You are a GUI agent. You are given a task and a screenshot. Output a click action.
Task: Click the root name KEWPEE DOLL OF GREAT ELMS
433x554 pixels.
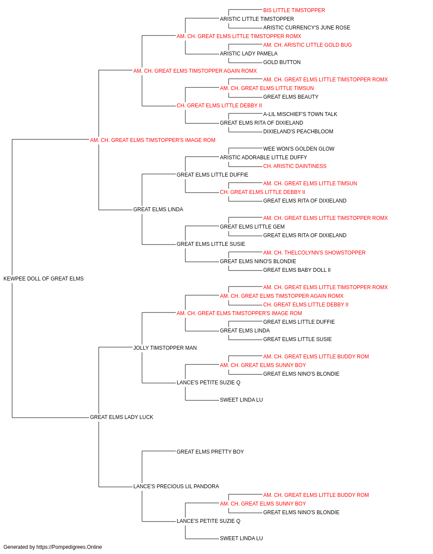coord(43,279)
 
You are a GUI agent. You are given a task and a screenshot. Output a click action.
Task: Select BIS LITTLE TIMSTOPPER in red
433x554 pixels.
coord(294,10)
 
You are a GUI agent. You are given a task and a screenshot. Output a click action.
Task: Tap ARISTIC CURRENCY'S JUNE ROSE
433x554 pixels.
coord(307,28)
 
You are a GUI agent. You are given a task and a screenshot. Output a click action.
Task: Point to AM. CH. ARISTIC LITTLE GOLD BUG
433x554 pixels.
coord(307,45)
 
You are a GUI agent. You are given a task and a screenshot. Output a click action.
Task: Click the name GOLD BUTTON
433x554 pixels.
coord(282,62)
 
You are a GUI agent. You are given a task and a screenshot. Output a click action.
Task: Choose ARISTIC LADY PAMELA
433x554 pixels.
coord(249,54)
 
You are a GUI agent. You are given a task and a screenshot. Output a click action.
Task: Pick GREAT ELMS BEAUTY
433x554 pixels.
coord(291,97)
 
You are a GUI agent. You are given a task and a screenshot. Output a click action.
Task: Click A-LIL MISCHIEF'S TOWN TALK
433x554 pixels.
coord(300,114)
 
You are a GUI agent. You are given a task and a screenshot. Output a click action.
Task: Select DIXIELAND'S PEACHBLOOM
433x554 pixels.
coord(298,132)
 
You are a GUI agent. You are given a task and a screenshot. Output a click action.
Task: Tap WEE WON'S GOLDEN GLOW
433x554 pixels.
coord(299,148)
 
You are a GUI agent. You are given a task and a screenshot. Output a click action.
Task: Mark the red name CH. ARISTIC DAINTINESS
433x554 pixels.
coord(295,166)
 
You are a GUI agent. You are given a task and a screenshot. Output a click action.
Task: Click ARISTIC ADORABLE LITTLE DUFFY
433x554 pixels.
coord(263,157)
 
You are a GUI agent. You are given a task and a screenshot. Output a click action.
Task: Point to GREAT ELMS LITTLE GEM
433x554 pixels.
coord(252,227)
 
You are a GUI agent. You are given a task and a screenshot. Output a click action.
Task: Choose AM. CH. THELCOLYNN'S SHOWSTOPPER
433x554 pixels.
coord(314,253)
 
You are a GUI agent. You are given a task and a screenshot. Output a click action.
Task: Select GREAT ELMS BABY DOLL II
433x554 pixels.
coord(297,270)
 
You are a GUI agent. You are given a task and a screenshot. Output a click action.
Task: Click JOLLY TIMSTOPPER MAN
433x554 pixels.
coord(165,348)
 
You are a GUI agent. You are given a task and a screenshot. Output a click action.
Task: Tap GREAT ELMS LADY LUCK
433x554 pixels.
coord(121,417)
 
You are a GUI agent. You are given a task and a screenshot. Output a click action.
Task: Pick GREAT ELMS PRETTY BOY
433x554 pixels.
coord(210,452)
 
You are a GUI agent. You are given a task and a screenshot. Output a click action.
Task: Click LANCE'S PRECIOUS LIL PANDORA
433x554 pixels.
coord(176,486)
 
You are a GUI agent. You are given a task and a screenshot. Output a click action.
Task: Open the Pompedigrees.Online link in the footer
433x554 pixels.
coord(69,547)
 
